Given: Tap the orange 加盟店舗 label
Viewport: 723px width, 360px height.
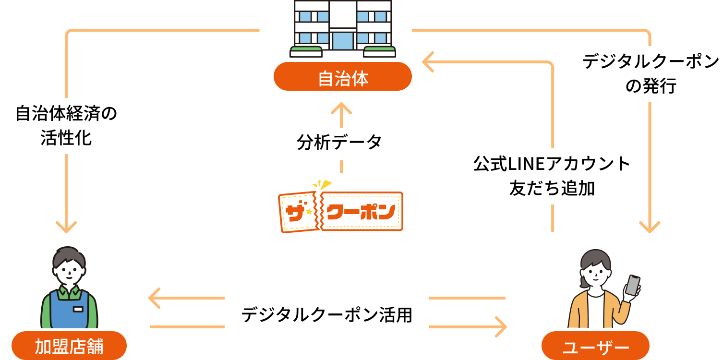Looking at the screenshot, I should [x=69, y=346].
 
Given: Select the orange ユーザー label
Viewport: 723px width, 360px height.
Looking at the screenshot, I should [x=595, y=346].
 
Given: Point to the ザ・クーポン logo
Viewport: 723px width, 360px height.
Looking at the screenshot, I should [x=340, y=210].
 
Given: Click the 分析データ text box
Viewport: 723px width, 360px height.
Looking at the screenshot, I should [x=340, y=144].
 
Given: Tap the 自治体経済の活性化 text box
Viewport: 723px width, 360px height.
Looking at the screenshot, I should [x=66, y=126].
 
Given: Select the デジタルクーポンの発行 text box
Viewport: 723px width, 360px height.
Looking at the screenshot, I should [x=650, y=74].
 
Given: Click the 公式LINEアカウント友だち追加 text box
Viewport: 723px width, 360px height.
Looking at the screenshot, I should [x=539, y=176].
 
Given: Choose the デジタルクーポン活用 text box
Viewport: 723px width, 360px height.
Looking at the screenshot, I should [x=326, y=313].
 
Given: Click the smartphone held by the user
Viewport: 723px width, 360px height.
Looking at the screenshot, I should [x=632, y=285].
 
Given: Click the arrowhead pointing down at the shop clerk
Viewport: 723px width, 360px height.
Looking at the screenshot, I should [x=66, y=226].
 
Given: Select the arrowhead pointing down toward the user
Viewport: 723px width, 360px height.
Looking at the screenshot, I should [x=650, y=226].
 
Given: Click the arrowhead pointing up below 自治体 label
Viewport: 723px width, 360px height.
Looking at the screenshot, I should [x=341, y=108].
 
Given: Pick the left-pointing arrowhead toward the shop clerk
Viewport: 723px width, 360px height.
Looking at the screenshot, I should [x=155, y=298].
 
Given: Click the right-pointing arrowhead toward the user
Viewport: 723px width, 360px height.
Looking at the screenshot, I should [x=500, y=327].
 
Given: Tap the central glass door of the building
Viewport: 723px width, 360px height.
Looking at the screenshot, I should [x=342, y=41].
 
